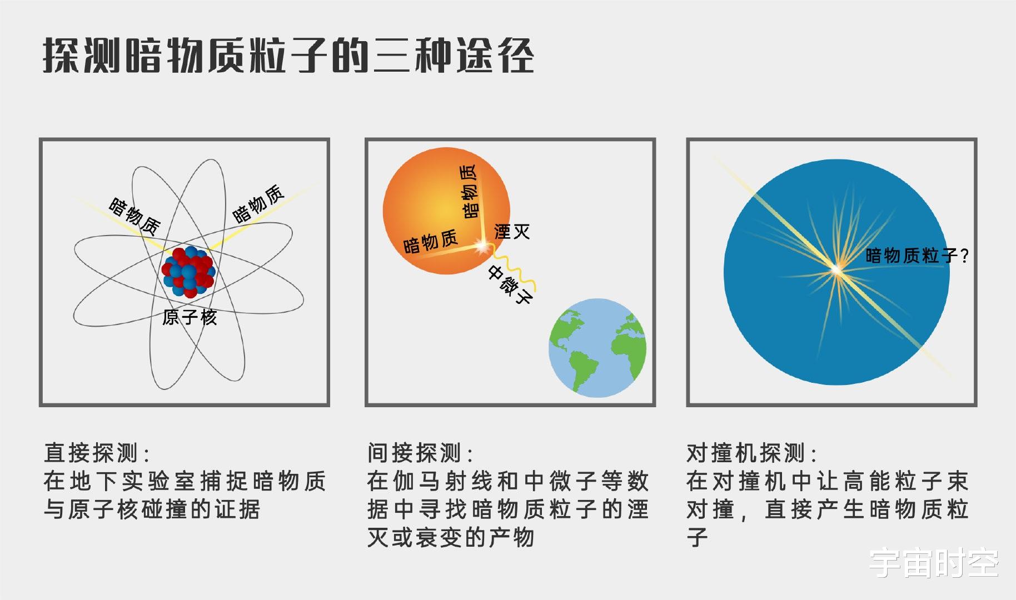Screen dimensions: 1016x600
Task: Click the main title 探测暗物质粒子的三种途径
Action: click(x=288, y=56)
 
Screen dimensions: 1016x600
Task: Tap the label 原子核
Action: click(x=190, y=317)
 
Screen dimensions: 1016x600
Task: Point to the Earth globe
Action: click(x=597, y=348)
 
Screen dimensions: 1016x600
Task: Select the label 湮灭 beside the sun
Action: click(x=512, y=231)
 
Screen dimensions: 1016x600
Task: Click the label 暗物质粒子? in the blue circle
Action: click(x=917, y=256)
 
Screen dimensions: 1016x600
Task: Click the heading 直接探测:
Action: click(x=97, y=453)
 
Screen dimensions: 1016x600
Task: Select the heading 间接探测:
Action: click(x=420, y=453)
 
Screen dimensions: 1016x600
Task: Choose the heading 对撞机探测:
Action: click(x=751, y=453)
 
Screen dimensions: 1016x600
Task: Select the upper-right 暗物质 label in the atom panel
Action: click(x=258, y=204)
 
